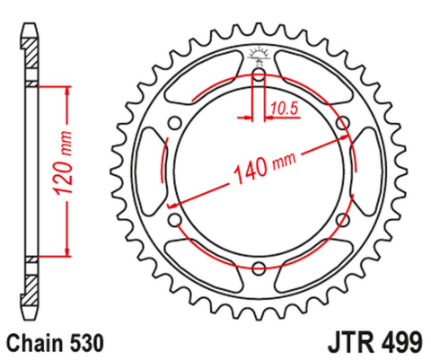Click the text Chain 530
(x=56, y=342)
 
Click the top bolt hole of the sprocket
(x=259, y=75)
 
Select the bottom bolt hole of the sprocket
(x=259, y=267)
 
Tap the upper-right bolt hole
(x=341, y=123)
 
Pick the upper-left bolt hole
(x=176, y=123)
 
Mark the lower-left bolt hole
(x=176, y=219)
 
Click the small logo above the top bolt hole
(x=259, y=55)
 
